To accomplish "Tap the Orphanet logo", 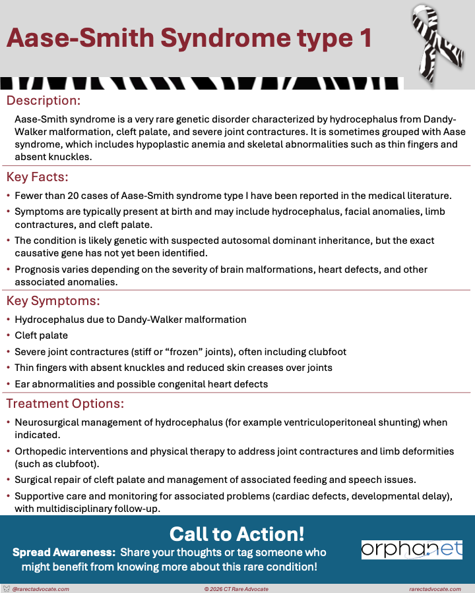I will pyautogui.click(x=412, y=550).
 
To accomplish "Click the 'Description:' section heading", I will pyautogui.click(x=43, y=101).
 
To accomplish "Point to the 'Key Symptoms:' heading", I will pyautogui.click(x=53, y=301).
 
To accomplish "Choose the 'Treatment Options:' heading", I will pyautogui.click(x=65, y=403).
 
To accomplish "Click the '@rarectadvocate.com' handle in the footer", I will pyautogui.click(x=41, y=589).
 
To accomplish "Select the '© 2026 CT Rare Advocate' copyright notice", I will pyautogui.click(x=237, y=589).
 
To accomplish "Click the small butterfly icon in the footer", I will pyautogui.click(x=7, y=588).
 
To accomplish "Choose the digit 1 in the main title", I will pyautogui.click(x=365, y=39).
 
